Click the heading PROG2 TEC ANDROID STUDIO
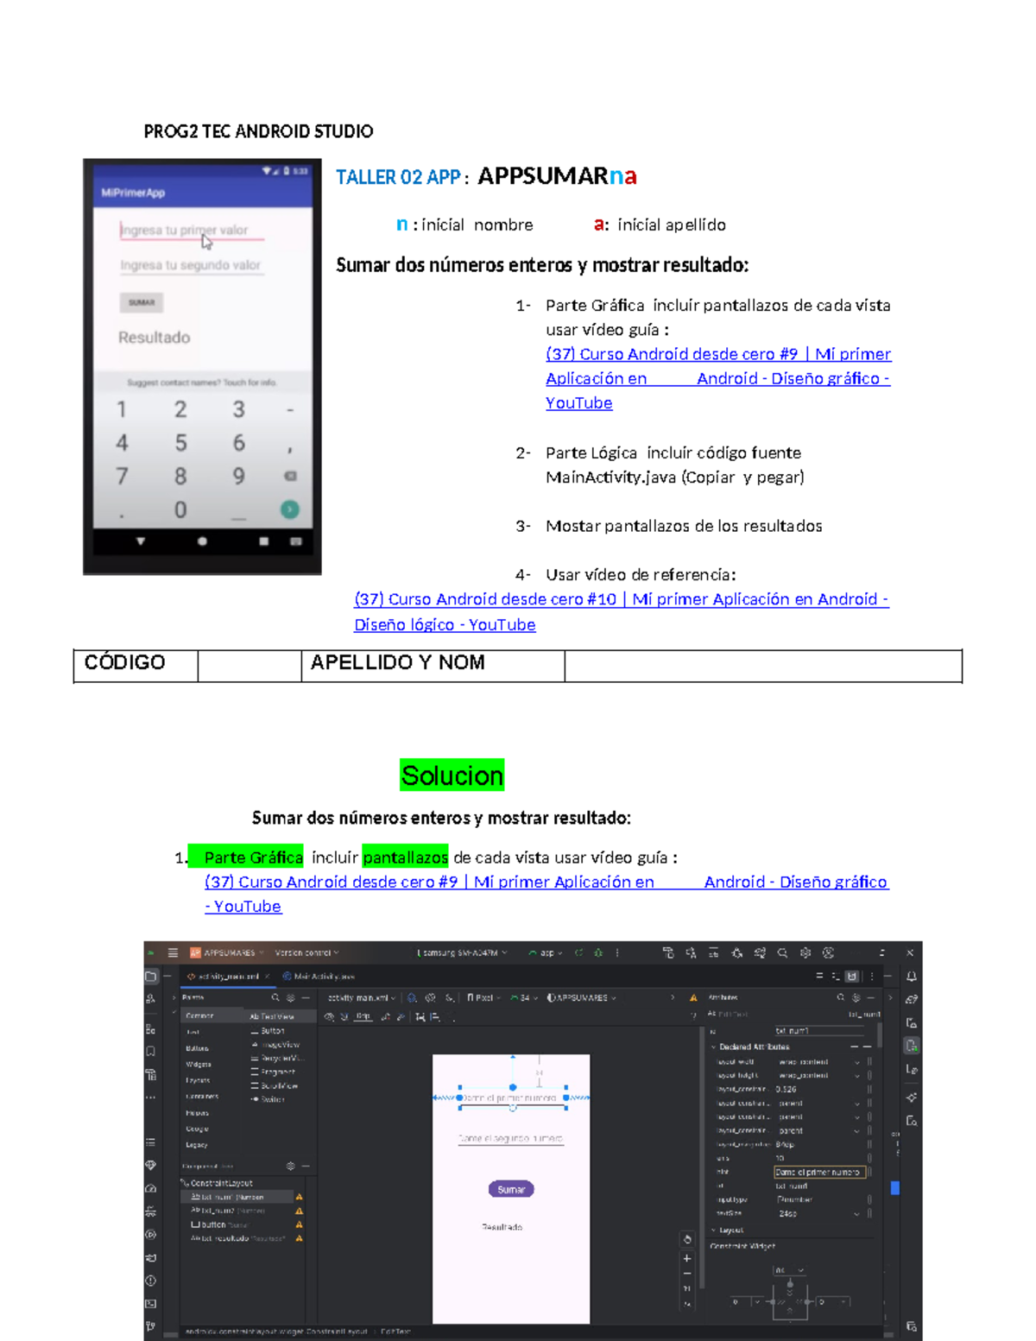tap(258, 131)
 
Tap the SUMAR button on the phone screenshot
tap(141, 302)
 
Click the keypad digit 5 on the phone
tap(180, 443)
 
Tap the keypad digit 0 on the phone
tap(180, 509)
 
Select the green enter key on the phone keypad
tap(289, 509)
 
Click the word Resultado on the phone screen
tap(154, 338)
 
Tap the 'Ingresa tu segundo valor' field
tap(190, 265)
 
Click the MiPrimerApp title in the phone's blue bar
tap(133, 193)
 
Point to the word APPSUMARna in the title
tap(557, 176)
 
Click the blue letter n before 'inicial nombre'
tap(401, 225)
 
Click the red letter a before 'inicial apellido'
tap(599, 225)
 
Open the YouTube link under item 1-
tap(578, 402)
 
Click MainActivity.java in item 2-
tap(610, 477)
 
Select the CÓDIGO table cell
tap(135, 663)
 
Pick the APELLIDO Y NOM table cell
tap(432, 663)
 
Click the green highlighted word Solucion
tap(452, 775)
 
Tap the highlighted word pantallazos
tap(405, 857)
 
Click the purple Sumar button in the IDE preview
tap(511, 1189)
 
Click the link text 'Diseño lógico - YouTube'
tap(445, 624)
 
